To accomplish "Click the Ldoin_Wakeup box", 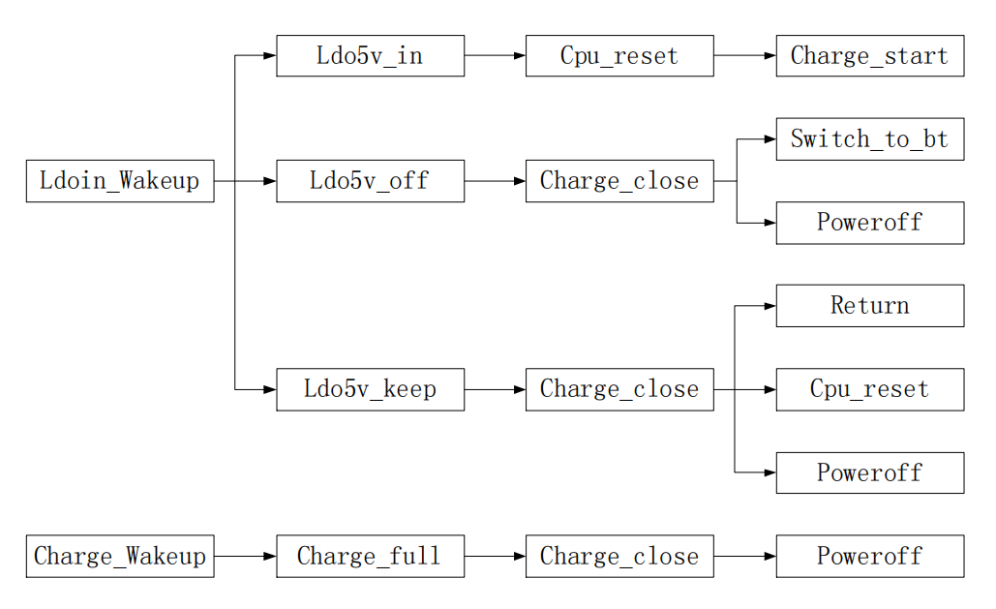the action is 120,181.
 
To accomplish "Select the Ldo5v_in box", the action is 371,56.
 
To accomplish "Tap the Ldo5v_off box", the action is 371,181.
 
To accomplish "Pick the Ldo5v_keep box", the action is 371,389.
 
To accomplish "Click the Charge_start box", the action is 870,56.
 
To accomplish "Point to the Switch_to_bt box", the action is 870,139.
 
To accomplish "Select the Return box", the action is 870,306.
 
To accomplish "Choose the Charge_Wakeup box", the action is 120,557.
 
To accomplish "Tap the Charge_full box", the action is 371,557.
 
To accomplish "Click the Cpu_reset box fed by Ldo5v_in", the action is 619,56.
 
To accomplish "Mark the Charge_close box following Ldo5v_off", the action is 619,181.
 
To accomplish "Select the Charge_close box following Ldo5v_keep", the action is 619,389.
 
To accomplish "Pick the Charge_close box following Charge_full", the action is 619,557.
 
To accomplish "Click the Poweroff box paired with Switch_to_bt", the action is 870,223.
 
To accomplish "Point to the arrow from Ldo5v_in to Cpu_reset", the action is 496,56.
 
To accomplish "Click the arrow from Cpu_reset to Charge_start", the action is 745,56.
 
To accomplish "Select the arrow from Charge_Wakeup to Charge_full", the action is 245,557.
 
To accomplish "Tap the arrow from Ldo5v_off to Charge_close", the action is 496,181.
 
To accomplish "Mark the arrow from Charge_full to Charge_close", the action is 496,557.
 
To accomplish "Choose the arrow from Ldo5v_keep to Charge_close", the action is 496,389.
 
